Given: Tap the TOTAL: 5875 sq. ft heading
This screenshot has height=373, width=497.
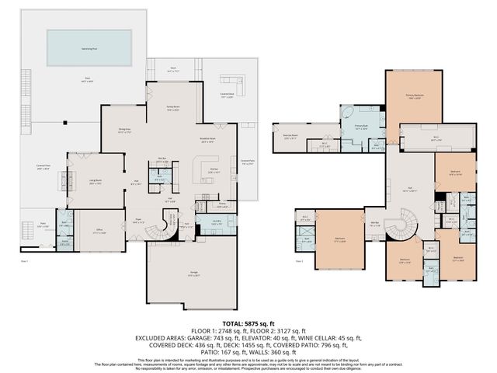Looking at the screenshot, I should (248, 323).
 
